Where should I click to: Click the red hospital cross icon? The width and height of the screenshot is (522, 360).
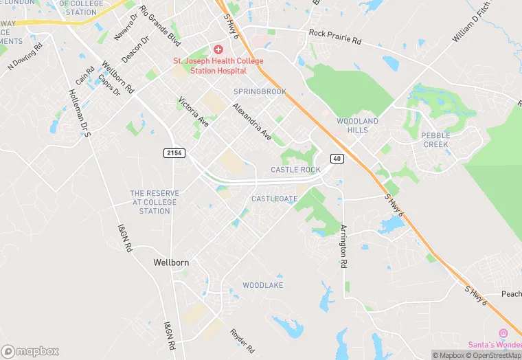tap(218, 49)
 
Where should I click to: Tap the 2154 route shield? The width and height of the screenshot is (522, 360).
tap(174, 153)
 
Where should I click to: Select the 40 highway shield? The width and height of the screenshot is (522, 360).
tap(337, 159)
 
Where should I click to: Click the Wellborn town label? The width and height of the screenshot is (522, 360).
tap(171, 262)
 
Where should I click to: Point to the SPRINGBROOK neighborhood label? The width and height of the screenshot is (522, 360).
tap(260, 91)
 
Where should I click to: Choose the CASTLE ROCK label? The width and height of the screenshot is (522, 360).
tap(295, 170)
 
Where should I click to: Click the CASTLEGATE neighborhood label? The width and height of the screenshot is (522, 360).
tap(274, 199)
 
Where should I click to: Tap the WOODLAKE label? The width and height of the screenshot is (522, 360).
tap(263, 284)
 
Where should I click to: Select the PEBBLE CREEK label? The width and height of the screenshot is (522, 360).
tap(435, 140)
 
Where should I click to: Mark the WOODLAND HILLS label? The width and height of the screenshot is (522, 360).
tap(357, 125)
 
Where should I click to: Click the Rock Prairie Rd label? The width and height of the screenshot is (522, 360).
tap(335, 36)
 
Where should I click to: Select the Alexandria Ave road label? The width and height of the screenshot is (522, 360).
tap(251, 122)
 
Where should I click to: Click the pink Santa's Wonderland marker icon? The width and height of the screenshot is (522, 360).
tap(502, 333)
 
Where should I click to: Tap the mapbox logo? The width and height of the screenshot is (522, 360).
tap(30, 351)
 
